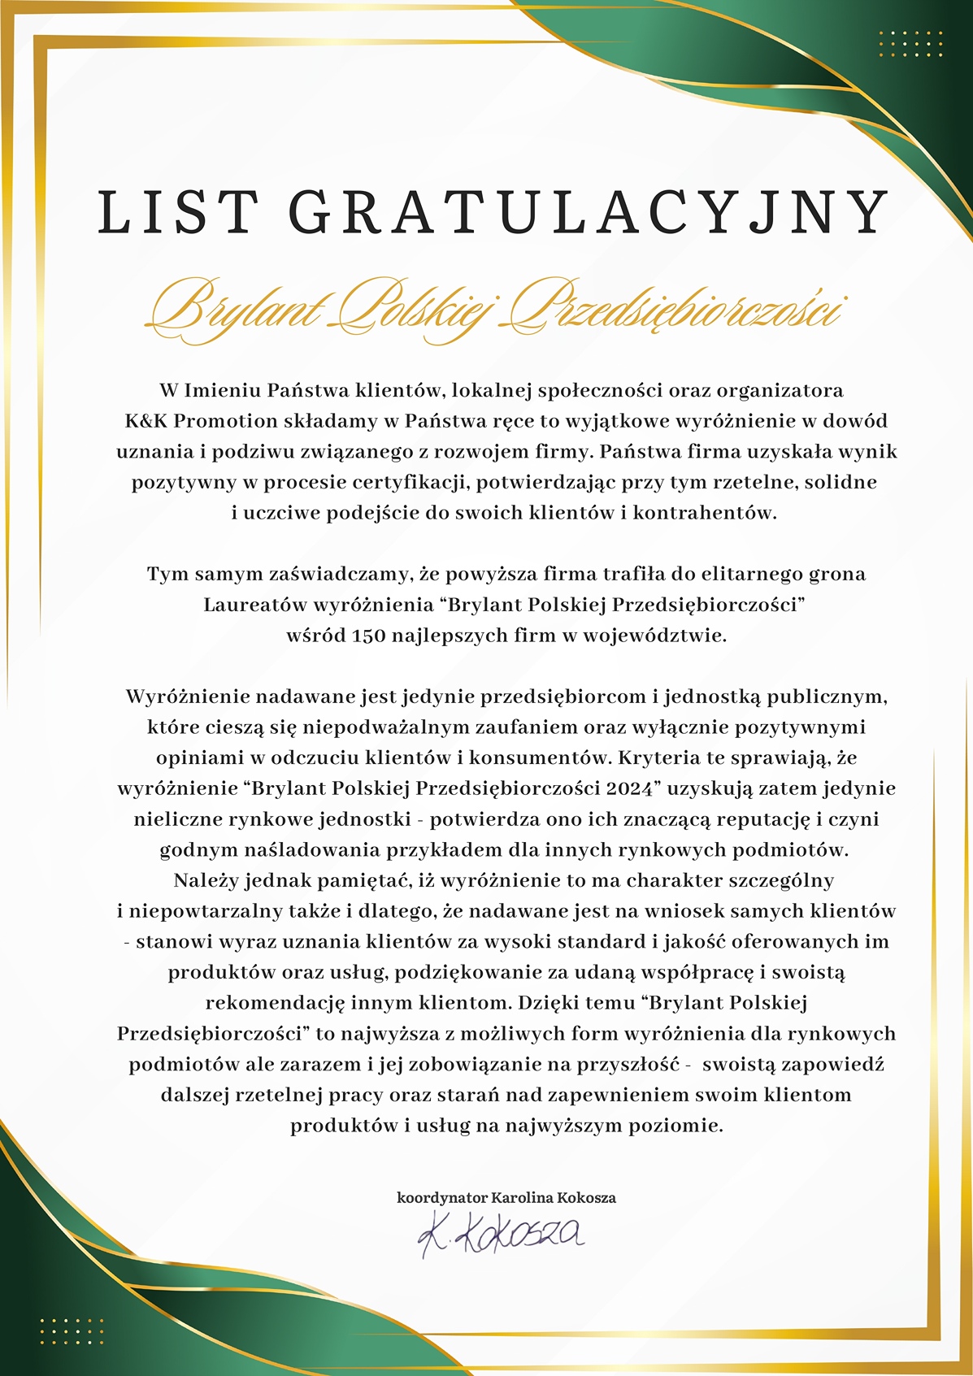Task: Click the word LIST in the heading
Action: tap(177, 213)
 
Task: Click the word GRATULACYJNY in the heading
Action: tap(589, 213)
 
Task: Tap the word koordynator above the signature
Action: tap(441, 1198)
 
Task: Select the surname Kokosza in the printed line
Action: tap(586, 1198)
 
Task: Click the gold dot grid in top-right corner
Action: tap(910, 44)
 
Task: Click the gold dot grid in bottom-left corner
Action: tap(72, 1331)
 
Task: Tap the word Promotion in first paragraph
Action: tap(225, 421)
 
